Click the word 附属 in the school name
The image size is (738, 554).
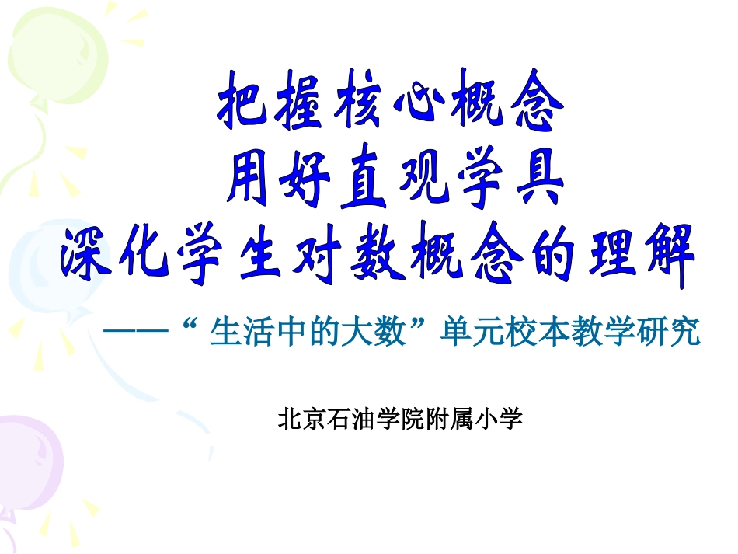[449, 420]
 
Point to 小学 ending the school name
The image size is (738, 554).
[500, 420]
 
